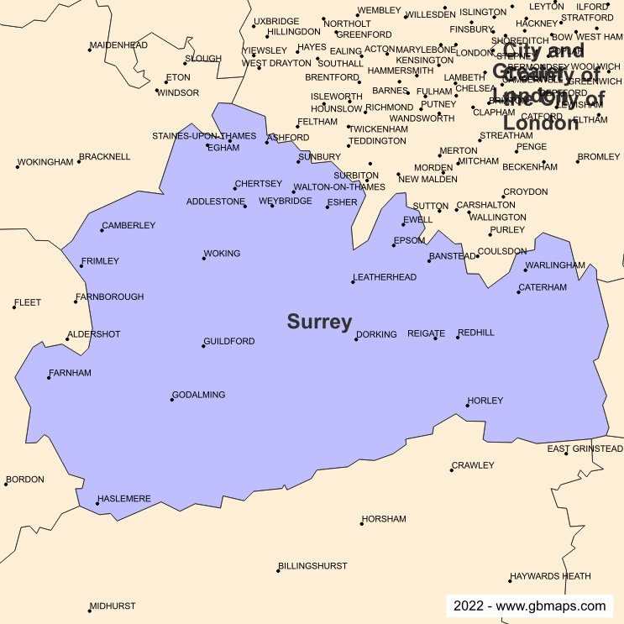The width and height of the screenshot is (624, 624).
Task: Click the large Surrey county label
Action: point(319,322)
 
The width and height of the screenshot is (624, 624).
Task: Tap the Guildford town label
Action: point(229,342)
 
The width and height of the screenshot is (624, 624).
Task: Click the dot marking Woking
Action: point(203,258)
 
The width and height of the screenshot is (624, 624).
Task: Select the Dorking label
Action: point(377,334)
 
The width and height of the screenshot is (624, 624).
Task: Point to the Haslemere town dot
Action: point(97,504)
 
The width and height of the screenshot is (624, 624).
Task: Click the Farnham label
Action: point(71,373)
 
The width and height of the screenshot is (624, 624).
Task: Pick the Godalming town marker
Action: point(171,400)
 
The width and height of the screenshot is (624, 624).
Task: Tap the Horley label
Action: point(485,401)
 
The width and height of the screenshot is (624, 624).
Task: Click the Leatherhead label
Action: point(385,277)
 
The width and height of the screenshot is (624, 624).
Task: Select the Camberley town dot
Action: point(102,230)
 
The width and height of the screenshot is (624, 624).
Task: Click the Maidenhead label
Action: point(118,45)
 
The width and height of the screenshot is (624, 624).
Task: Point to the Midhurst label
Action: point(113,606)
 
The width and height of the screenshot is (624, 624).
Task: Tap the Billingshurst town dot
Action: point(278,571)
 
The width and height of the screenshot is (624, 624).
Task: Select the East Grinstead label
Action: point(585,449)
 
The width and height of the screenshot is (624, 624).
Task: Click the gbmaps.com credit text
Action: point(529,606)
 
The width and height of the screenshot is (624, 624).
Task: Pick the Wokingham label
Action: point(45,162)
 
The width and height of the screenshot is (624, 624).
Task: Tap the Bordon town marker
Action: point(6,485)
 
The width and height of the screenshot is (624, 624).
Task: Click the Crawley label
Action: point(474,465)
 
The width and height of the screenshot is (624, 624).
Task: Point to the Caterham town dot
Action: point(518,292)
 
